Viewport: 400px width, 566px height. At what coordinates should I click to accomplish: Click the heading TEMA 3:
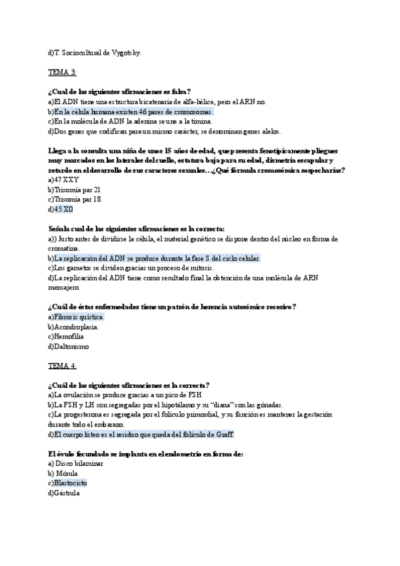click(62, 71)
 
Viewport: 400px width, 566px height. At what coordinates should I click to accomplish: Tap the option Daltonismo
click(71, 346)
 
